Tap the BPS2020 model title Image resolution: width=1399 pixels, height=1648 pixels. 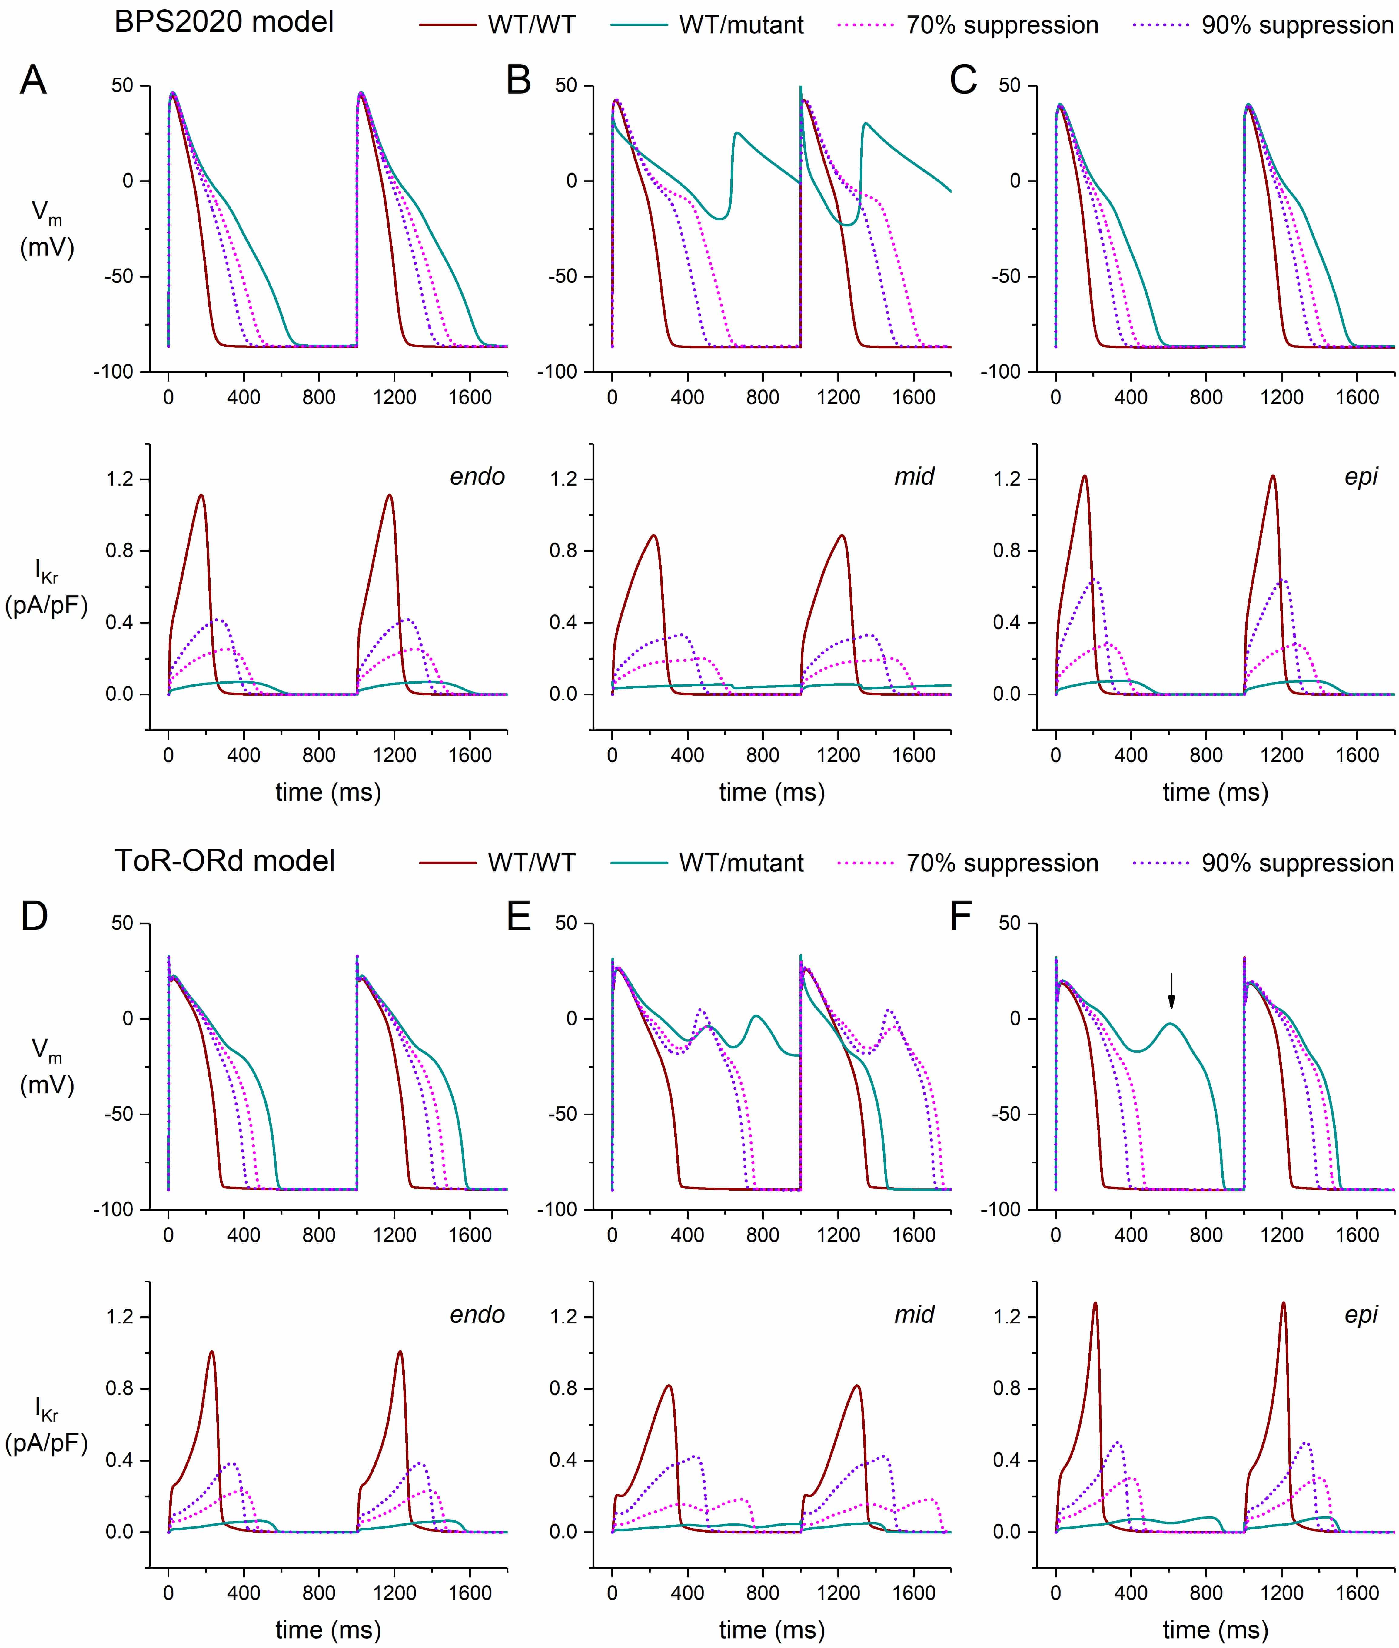[x=224, y=22]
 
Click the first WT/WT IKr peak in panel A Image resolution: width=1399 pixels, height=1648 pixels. [x=201, y=496]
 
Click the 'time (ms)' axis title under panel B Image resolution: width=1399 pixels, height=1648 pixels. [x=772, y=792]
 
